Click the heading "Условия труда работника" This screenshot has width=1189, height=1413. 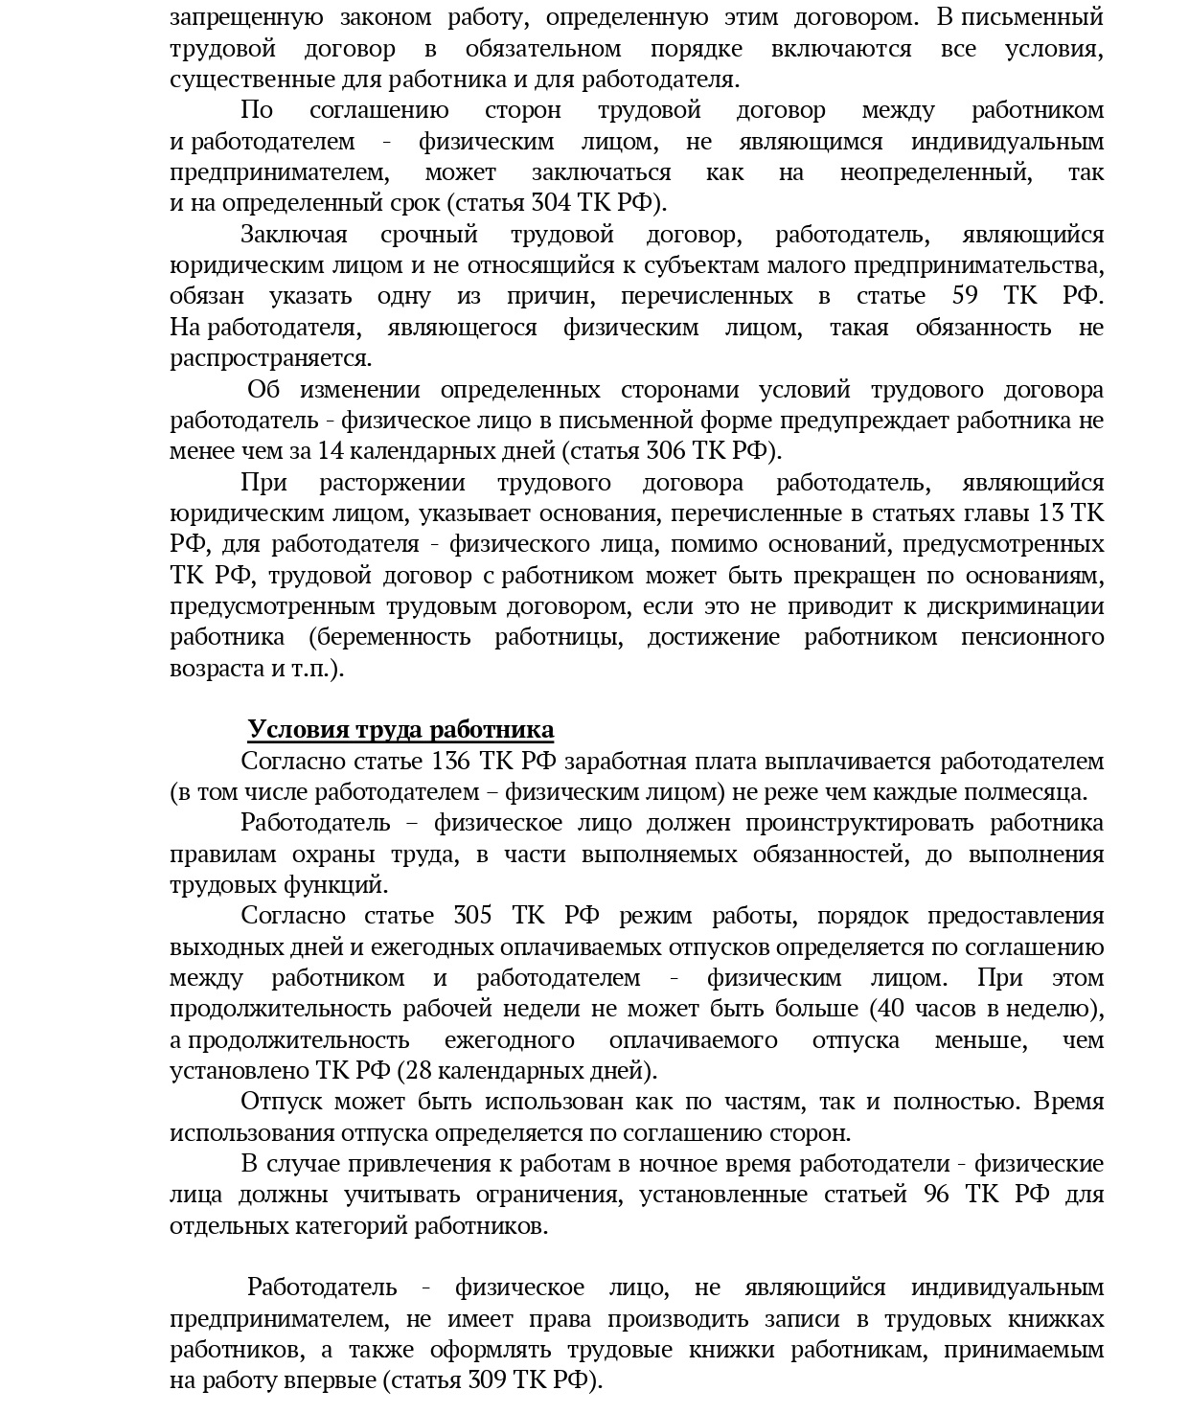coord(400,730)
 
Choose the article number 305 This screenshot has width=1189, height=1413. coord(472,916)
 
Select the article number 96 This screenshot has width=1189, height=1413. coord(936,1195)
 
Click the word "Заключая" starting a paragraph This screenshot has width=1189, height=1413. coord(294,235)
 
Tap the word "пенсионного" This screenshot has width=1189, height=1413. coord(1032,638)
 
